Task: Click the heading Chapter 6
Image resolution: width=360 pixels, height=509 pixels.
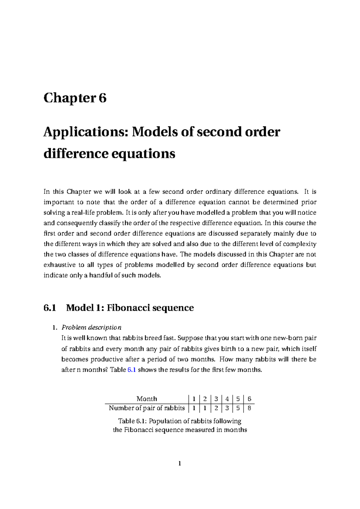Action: pyautogui.click(x=75, y=98)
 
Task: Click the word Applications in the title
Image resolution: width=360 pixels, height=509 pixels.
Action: pyautogui.click(x=85, y=132)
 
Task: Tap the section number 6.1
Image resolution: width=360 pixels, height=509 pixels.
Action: pyautogui.click(x=50, y=308)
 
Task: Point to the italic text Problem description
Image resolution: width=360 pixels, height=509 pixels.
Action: pyautogui.click(x=91, y=327)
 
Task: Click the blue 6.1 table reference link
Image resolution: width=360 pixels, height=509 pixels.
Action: pyautogui.click(x=132, y=370)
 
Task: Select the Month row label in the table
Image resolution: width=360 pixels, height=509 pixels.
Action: pyautogui.click(x=147, y=399)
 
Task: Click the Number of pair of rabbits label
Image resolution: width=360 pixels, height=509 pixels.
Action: pyautogui.click(x=147, y=408)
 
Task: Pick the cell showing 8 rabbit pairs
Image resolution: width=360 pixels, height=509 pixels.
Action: pyautogui.click(x=249, y=408)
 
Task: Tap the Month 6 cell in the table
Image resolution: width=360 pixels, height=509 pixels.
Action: pyautogui.click(x=249, y=399)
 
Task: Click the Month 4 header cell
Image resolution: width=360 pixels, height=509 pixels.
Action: pyautogui.click(x=227, y=399)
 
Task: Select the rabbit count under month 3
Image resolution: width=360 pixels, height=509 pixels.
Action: pyautogui.click(x=216, y=408)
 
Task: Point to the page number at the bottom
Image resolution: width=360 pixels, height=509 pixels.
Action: pyautogui.click(x=180, y=464)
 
